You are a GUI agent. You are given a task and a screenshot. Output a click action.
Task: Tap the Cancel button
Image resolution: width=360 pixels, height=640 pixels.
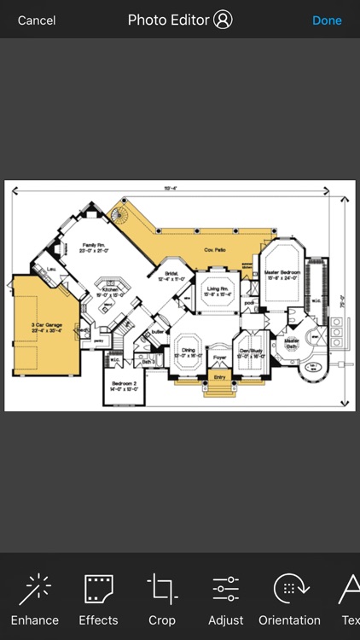[37, 20]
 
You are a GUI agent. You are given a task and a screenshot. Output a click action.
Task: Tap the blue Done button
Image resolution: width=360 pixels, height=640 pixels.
[327, 20]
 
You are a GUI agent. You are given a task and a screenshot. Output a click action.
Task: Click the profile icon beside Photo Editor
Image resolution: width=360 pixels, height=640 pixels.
[224, 20]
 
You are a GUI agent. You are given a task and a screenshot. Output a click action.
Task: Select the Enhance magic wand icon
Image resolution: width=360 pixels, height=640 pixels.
[35, 590]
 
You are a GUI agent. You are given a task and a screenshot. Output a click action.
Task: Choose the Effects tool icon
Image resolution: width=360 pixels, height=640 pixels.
[98, 590]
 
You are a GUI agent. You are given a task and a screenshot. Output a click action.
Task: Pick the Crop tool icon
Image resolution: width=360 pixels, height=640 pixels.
[162, 590]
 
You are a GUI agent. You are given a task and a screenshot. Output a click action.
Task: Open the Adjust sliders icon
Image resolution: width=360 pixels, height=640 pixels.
[226, 590]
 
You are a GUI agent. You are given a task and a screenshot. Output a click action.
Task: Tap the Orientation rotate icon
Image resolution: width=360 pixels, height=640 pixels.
[290, 590]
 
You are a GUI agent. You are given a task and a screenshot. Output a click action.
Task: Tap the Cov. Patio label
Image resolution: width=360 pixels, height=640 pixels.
[214, 249]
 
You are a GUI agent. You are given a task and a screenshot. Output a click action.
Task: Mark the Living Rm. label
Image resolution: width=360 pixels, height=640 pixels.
[218, 289]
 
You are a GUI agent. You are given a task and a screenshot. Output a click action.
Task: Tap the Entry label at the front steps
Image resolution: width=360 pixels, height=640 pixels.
[219, 376]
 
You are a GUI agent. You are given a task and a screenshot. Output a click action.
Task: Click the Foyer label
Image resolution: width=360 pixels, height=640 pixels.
[219, 358]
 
